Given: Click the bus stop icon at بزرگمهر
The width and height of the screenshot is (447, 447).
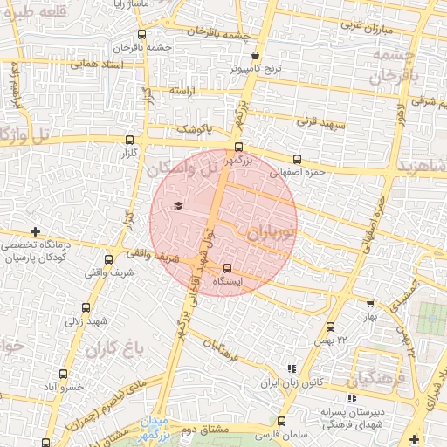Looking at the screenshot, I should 239,147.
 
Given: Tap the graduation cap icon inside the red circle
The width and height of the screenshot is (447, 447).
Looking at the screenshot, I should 179,205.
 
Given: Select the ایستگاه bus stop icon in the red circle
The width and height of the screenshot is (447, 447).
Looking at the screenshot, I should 228,269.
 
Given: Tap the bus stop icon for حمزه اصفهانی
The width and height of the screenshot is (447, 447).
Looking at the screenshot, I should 297,160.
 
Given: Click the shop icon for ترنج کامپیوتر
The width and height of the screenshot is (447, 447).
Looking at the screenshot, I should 255,55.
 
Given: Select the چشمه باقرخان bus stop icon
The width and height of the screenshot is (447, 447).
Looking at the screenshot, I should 141,35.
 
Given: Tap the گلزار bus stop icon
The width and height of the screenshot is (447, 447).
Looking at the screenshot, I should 130,140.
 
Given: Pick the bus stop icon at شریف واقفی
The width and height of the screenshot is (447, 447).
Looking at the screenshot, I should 109,259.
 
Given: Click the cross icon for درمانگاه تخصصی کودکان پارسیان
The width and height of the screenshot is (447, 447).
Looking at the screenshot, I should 35,231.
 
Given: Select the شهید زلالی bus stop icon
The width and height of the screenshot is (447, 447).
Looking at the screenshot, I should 86,306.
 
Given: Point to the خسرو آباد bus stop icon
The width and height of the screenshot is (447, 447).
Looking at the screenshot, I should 50,385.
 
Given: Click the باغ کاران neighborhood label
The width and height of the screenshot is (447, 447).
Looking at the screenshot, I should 114,349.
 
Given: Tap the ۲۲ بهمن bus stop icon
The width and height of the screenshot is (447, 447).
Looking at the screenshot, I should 330,327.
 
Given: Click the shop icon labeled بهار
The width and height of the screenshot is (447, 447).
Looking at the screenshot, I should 370,304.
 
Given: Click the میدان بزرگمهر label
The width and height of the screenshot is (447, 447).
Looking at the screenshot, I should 161,425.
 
